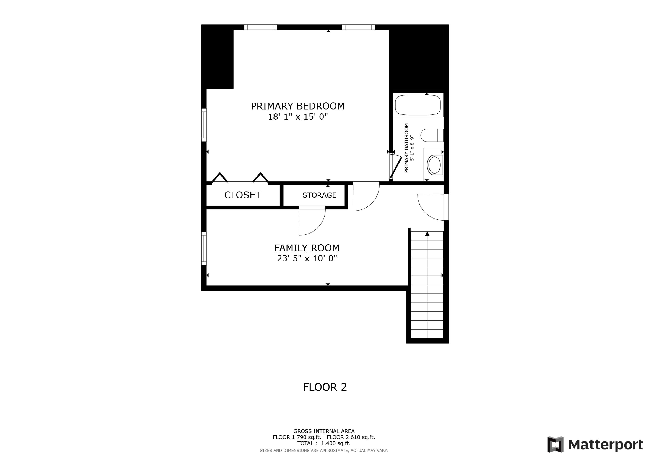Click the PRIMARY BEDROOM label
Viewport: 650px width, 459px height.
click(297, 106)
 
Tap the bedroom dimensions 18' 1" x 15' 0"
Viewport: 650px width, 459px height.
click(297, 117)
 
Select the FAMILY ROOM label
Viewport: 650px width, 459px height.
click(307, 248)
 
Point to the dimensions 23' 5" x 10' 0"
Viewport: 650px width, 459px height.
click(307, 258)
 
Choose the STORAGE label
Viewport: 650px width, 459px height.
click(319, 195)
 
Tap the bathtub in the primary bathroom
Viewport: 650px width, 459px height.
click(418, 105)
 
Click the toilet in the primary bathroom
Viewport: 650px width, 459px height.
click(431, 135)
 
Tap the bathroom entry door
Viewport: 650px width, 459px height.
click(396, 167)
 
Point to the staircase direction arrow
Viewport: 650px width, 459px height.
click(427, 234)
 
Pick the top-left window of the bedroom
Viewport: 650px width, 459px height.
click(260, 27)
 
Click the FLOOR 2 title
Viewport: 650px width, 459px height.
click(325, 387)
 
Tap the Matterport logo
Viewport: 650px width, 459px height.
click(595, 445)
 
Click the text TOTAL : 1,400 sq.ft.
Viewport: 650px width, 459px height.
click(323, 443)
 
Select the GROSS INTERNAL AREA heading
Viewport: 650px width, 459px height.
click(323, 431)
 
